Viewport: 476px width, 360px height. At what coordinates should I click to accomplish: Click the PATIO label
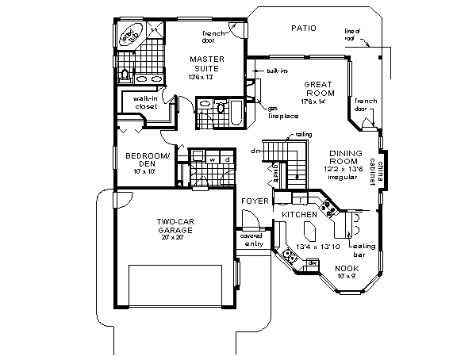coord(303,29)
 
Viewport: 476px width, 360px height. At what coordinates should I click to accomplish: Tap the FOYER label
coord(255,202)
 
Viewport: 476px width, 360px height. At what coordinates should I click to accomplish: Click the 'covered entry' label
coord(253,239)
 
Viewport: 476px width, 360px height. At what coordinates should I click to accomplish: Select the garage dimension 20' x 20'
coord(176,237)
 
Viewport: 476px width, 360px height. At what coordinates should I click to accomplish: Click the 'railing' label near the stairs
coord(303,136)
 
